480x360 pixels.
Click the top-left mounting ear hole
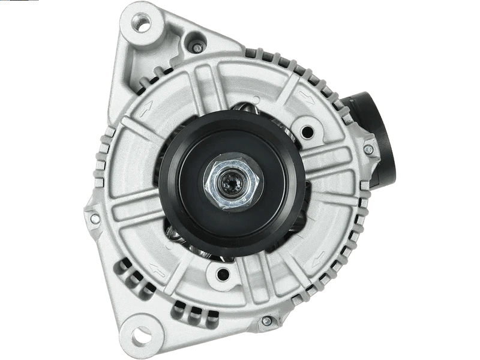[x=142, y=25]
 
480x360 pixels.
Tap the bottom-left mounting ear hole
[x=140, y=334]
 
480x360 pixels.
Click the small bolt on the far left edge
[x=95, y=218]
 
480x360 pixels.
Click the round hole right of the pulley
[x=308, y=131]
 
